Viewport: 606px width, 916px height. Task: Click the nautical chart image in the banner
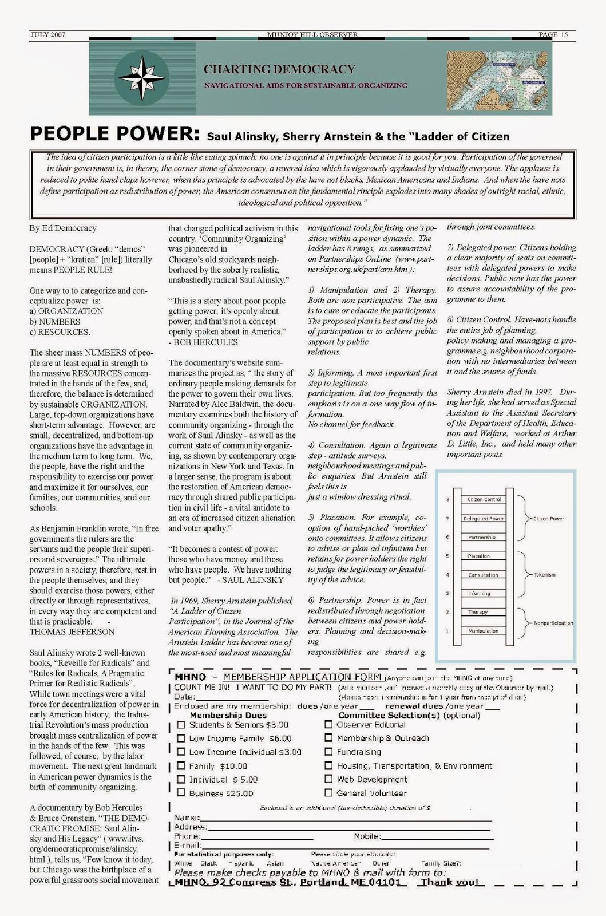(497, 80)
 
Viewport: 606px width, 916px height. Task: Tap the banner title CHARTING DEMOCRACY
(279, 69)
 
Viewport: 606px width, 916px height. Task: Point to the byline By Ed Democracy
(63, 228)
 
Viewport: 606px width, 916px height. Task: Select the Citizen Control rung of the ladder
(484, 499)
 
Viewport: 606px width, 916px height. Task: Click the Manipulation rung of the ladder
(483, 631)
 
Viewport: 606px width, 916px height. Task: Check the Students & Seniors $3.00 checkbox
(181, 725)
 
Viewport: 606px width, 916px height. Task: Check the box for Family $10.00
(181, 765)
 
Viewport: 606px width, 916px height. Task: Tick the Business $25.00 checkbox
(181, 793)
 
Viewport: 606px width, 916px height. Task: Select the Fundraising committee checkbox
(328, 752)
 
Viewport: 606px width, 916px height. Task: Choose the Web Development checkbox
(328, 779)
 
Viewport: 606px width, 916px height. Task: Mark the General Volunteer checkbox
(328, 793)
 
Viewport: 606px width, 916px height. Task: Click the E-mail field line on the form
(343, 846)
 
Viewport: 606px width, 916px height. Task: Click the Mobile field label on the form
(367, 836)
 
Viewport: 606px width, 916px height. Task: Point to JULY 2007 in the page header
(47, 35)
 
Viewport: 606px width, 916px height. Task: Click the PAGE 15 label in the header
(553, 35)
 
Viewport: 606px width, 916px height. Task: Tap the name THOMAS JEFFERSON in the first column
(72, 631)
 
